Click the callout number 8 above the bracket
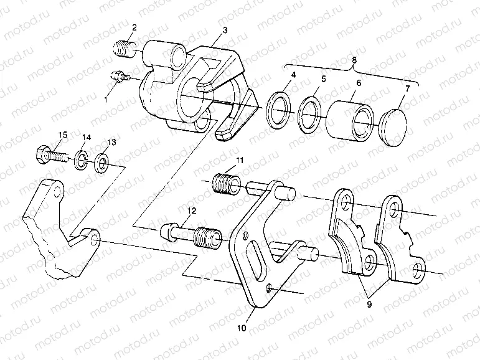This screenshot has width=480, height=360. point(354,59)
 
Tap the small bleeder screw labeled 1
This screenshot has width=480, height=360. point(120,77)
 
